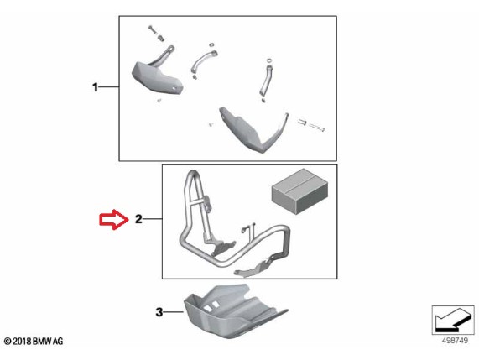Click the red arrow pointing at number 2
(113, 219)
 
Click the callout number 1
(96, 87)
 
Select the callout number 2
(138, 219)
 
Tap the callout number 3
(159, 312)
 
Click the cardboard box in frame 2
(300, 191)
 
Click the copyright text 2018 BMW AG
(34, 342)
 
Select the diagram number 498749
(455, 341)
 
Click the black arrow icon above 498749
(453, 320)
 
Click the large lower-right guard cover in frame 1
(253, 129)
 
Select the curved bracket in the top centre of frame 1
(202, 60)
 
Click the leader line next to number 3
(174, 312)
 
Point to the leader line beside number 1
(109, 87)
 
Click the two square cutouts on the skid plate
(211, 306)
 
